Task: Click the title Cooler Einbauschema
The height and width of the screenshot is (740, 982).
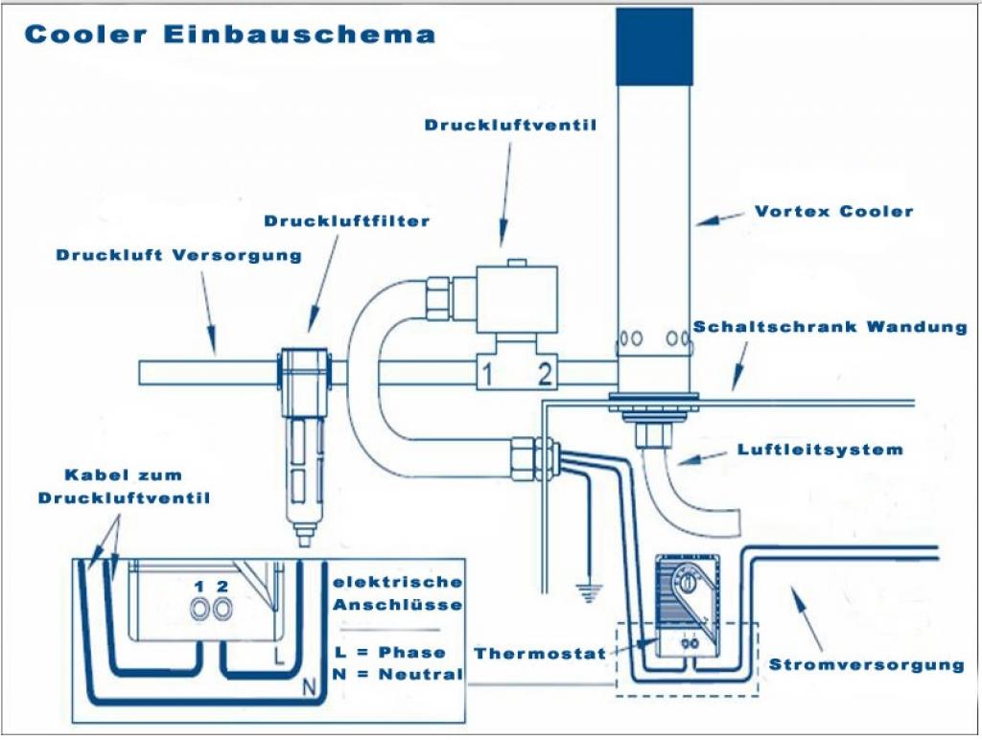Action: pos(230,35)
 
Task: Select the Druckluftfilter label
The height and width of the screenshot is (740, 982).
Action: pos(347,221)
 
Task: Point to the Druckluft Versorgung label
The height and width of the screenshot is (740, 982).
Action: pos(178,255)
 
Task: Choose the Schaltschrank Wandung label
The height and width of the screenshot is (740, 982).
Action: pos(830,327)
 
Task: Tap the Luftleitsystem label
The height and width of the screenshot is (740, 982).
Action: pos(820,449)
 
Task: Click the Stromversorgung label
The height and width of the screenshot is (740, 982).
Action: pos(866,664)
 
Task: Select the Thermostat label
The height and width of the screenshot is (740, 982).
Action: pos(540,654)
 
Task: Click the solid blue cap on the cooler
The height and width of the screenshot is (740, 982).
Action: pos(655,45)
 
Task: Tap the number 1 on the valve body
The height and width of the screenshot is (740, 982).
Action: pos(487,373)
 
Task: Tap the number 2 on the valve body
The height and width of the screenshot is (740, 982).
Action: pos(546,373)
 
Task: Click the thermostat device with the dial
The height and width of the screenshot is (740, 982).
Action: pos(688,599)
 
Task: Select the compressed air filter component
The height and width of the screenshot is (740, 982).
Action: pos(305,441)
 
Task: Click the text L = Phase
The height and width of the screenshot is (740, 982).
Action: pos(390,652)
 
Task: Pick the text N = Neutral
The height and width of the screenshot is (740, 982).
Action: pos(398,674)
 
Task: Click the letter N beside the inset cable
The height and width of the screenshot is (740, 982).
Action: pos(309,684)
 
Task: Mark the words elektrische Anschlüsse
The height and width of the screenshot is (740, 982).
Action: pos(397,593)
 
